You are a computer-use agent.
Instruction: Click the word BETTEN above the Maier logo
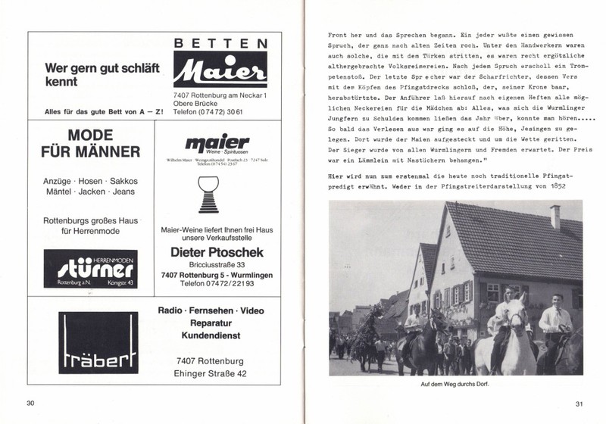(x=220, y=45)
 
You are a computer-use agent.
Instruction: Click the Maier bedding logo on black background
(x=220, y=73)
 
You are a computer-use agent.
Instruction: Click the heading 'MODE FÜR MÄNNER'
(x=88, y=142)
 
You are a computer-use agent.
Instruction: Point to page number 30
(x=30, y=402)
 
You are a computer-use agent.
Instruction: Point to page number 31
(x=579, y=402)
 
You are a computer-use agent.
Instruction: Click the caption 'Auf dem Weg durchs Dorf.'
(x=456, y=384)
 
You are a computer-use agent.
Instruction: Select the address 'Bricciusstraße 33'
(x=217, y=264)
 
